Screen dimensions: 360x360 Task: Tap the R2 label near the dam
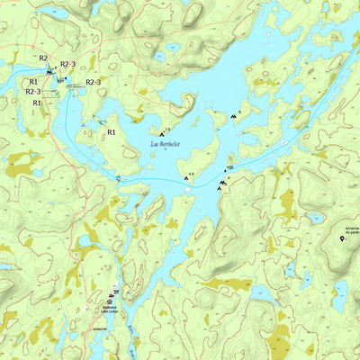pos(42,58)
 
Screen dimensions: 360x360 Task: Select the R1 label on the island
pos(112,132)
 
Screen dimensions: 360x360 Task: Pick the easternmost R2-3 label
pos(93,83)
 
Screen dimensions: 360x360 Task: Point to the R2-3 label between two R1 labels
pos(33,92)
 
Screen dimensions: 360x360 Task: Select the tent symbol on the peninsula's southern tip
pos(187,178)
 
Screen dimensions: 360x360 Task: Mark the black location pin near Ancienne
pos(342,238)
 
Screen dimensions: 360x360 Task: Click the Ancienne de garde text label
pos(346,229)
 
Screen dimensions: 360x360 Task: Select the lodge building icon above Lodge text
pos(113,294)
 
